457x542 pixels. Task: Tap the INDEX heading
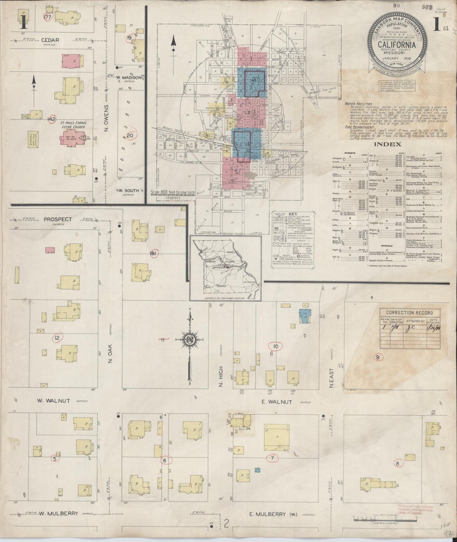388,144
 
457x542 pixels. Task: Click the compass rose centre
190,340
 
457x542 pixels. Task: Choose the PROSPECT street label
58,219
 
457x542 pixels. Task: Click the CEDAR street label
50,40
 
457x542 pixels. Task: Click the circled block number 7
272,458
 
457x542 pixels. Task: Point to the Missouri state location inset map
225,268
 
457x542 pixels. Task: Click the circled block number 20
130,136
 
